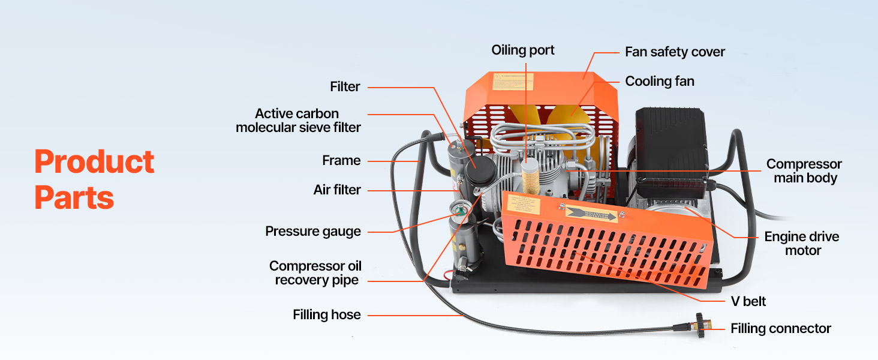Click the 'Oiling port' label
523,50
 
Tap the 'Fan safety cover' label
675,52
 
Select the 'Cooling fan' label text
660,81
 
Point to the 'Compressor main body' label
804,171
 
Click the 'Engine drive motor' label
802,244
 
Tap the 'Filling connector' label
780,329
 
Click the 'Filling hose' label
327,314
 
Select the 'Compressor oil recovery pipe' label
315,273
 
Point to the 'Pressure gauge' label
313,232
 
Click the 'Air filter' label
337,190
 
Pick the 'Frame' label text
341,161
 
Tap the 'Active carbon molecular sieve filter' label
298,120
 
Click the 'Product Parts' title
94,179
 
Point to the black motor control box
671,144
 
